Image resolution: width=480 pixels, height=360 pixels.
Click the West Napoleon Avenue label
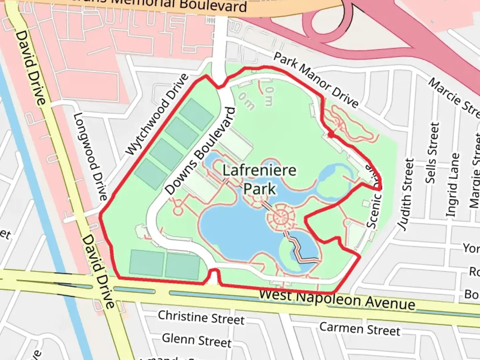pos(337,299)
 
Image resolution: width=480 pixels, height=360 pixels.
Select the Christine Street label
pos(201,317)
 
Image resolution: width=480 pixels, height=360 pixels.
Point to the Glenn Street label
pos(197,340)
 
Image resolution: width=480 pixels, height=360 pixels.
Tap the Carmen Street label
pos(360,329)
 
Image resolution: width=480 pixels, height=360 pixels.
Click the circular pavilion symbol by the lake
pos(280,218)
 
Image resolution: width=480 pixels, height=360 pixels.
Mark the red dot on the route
pos(331,134)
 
